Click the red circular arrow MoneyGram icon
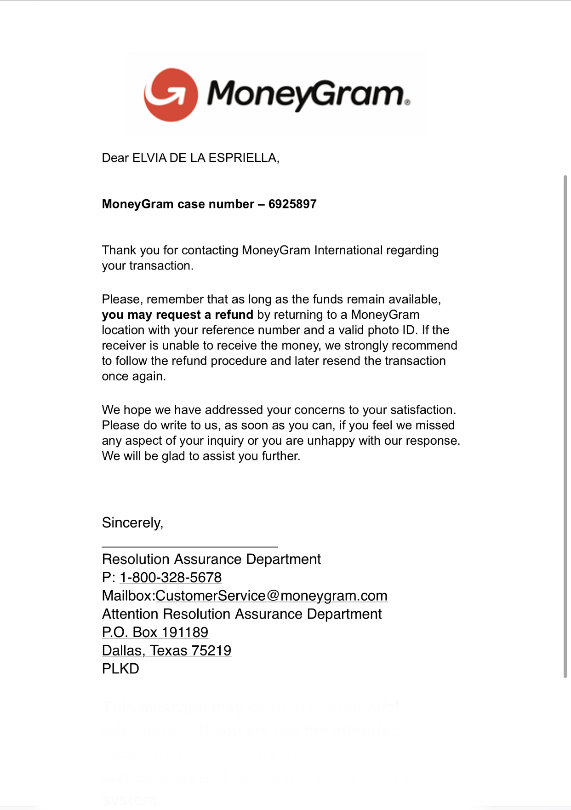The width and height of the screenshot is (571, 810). [x=171, y=95]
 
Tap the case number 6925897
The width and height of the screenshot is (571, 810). [x=292, y=204]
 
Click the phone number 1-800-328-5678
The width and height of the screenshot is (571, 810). [x=171, y=577]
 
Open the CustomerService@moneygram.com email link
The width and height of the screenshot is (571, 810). [x=271, y=596]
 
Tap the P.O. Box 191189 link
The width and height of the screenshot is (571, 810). [x=155, y=632]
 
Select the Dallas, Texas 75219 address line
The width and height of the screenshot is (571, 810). [x=166, y=651]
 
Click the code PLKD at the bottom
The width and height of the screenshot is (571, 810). [x=120, y=669]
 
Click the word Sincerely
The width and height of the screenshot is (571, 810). [x=132, y=523]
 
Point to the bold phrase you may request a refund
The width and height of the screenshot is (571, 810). [x=177, y=315]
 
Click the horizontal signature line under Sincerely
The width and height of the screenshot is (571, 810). [x=189, y=547]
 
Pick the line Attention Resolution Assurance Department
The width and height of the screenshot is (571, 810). [x=242, y=614]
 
